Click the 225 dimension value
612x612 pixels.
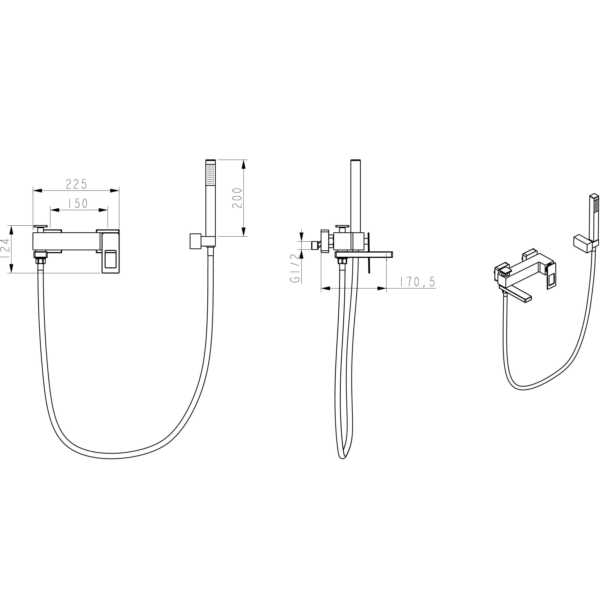point(76,184)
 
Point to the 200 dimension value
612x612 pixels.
point(237,198)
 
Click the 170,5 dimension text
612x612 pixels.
point(417,282)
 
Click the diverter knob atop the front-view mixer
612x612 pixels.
point(40,229)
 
